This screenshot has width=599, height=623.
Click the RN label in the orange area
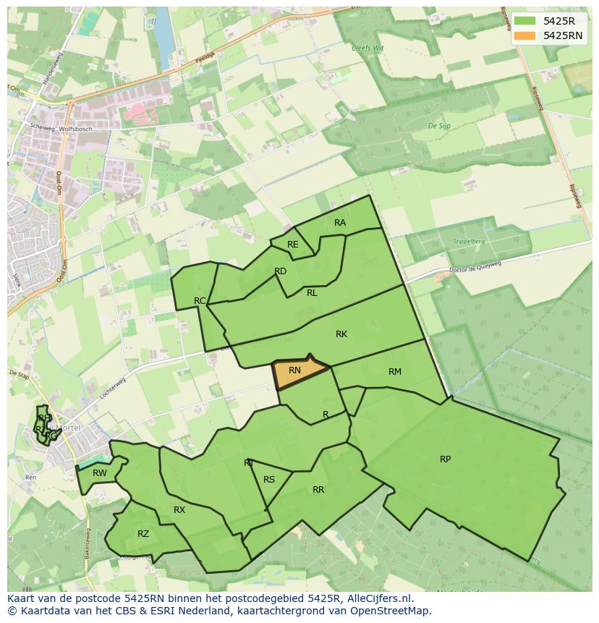coord(294,370)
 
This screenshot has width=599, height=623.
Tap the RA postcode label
coord(340,223)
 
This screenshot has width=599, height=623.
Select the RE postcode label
coord(292,245)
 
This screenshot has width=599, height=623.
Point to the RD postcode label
coord(281,271)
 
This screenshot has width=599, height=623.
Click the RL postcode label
coord(312,293)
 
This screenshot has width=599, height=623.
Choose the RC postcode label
coord(200,301)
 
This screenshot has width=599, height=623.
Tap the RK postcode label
coord(341,334)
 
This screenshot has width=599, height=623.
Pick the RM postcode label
coord(394,372)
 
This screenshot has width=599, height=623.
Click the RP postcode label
coord(445,459)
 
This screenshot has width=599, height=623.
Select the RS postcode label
coord(269,480)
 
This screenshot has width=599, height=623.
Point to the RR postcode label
coord(318,490)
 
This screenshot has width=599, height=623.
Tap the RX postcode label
coord(179,510)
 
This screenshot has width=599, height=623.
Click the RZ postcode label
coord(143,534)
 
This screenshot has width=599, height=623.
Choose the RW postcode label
coord(100,473)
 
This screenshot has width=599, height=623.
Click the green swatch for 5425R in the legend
coord(525,21)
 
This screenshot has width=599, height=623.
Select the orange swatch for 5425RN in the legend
coord(525,35)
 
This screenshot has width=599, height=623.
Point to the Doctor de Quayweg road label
coord(475,270)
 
